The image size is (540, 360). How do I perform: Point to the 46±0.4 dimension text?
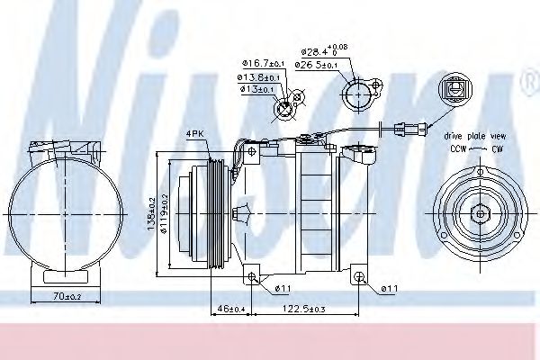229,309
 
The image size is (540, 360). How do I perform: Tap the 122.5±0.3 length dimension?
307,309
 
